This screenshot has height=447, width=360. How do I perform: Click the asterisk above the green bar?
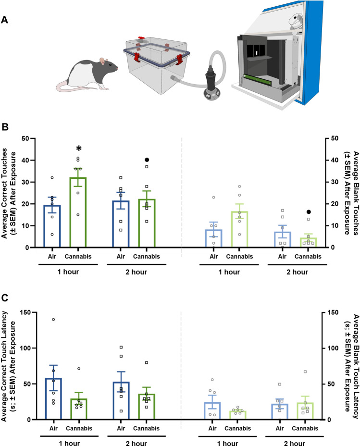coord(78,149)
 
